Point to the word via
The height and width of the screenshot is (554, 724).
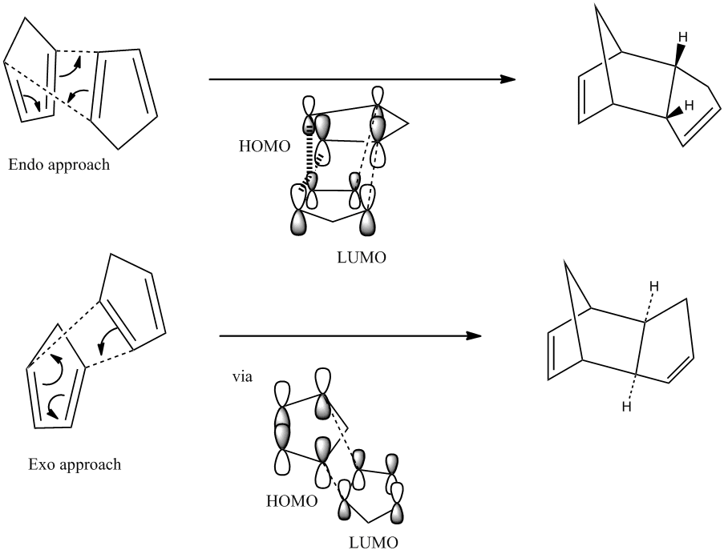point(242,377)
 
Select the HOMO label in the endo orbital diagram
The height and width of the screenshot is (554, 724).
point(265,146)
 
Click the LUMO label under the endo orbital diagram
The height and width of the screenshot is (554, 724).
point(362,258)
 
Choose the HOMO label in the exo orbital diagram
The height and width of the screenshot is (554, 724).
point(292,501)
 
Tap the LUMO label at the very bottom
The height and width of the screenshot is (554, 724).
point(373,543)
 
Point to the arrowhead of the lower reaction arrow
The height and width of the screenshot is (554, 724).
point(474,336)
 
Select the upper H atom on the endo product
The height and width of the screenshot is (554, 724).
point(682,37)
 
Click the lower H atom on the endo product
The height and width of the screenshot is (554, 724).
point(689,106)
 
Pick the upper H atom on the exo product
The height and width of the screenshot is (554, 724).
point(653,287)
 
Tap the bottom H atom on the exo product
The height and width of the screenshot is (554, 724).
point(626,407)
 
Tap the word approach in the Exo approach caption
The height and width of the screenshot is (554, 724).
point(91,465)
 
